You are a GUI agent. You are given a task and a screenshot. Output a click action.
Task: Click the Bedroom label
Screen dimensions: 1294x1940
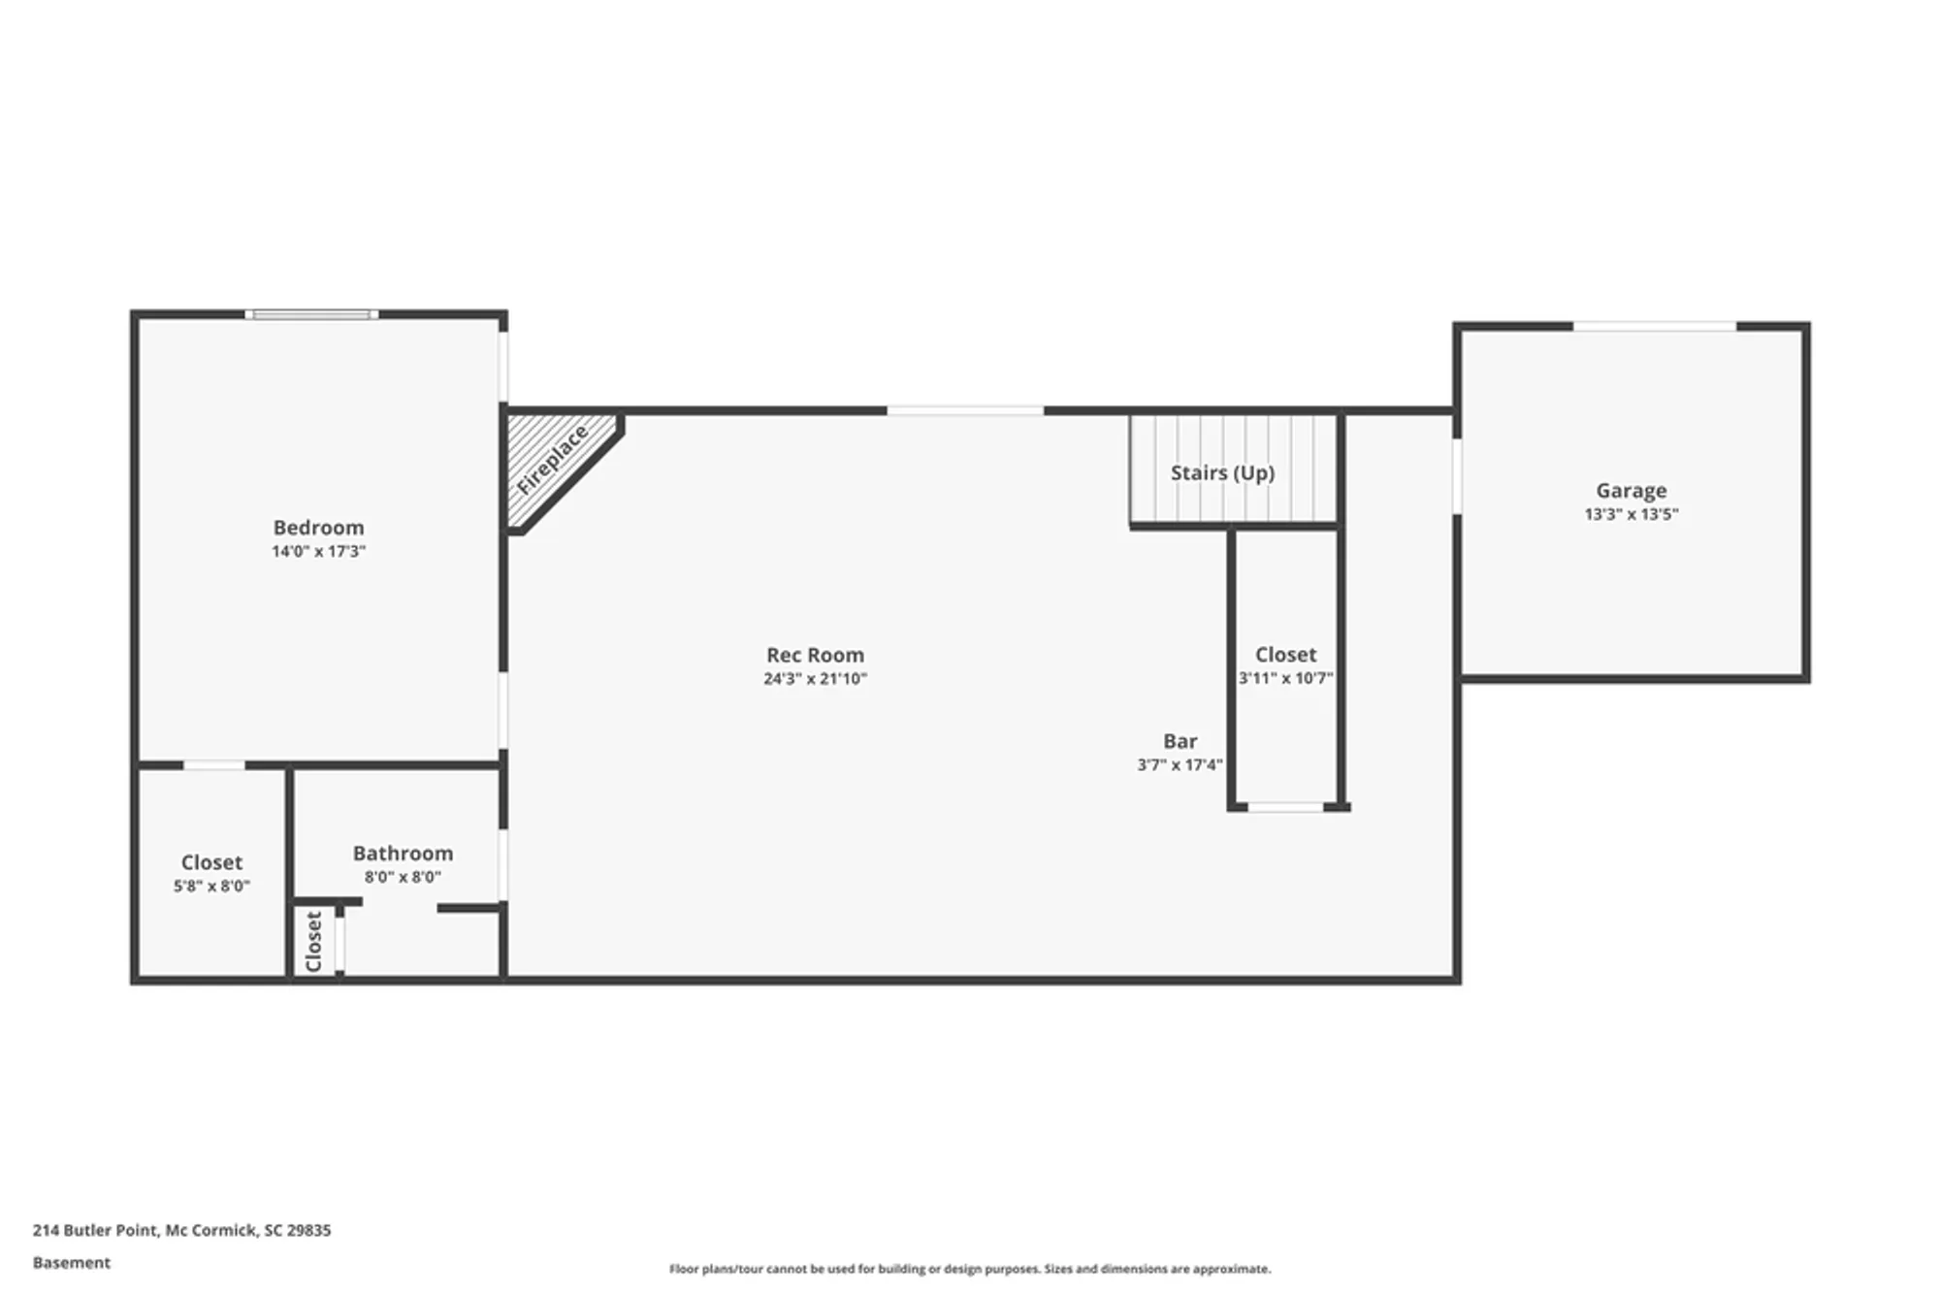[318, 528]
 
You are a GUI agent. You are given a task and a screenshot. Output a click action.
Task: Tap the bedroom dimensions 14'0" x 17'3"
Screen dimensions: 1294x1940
[318, 552]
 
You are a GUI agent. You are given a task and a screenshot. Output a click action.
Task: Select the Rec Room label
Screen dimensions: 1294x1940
[815, 656]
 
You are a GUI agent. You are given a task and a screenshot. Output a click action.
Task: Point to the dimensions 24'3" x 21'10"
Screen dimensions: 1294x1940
[815, 679]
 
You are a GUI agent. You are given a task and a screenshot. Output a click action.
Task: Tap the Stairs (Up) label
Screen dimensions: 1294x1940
[1222, 473]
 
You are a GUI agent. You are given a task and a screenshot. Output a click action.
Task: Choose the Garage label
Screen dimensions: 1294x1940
[1632, 491]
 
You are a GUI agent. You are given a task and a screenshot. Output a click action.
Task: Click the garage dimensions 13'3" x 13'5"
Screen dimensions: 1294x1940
[1632, 514]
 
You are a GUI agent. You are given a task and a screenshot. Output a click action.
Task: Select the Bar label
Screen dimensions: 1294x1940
[1180, 741]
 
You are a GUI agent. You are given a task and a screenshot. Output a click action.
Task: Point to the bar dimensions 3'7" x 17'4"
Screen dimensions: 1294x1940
[1180, 765]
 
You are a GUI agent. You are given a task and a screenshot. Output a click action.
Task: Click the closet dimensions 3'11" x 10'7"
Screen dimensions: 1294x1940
[1286, 679]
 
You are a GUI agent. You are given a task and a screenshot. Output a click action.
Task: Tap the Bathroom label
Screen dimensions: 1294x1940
[403, 854]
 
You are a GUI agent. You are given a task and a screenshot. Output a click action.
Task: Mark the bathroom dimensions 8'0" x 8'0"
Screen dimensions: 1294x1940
[403, 878]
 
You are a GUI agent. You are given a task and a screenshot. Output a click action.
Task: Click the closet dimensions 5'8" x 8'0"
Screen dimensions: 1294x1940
[211, 887]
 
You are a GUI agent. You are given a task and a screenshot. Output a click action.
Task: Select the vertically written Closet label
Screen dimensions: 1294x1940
[313, 941]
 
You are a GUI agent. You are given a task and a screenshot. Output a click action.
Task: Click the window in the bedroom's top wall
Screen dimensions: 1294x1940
[311, 314]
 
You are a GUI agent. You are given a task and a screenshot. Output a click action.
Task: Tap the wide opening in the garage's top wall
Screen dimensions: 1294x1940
[1654, 326]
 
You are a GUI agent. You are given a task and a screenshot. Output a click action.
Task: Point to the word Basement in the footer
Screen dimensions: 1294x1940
[72, 1263]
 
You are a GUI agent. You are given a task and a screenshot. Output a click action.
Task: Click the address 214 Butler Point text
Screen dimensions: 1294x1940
[181, 1230]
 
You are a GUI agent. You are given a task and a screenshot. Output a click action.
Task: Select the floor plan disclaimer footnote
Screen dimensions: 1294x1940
[970, 1269]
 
